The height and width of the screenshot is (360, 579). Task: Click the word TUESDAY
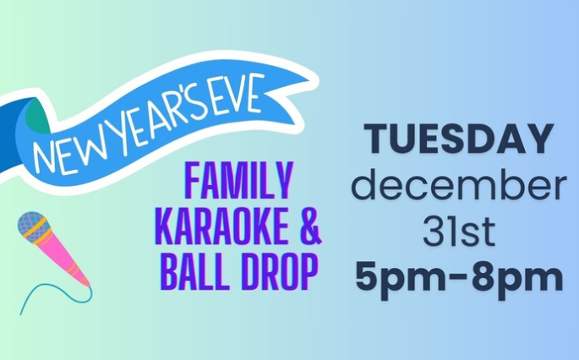pyautogui.click(x=459, y=139)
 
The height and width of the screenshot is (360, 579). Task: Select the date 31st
pyautogui.click(x=459, y=232)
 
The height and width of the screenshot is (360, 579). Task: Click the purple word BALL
pyautogui.click(x=194, y=272)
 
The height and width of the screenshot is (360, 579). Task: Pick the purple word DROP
pyautogui.click(x=280, y=272)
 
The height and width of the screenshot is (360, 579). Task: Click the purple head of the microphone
pyautogui.click(x=32, y=226)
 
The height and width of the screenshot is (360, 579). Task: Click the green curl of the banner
pyautogui.click(x=38, y=115)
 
